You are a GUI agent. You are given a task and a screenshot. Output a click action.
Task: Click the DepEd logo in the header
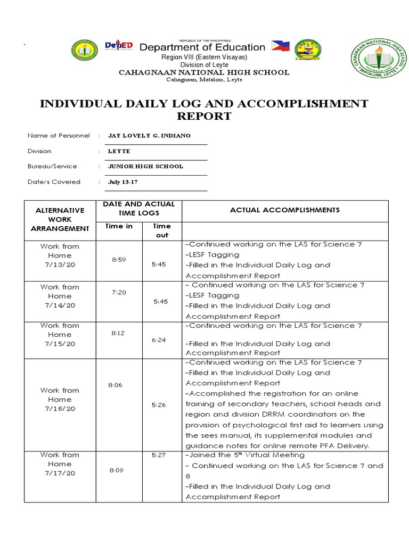point(118,46)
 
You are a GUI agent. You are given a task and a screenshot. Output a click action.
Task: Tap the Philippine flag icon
point(281,46)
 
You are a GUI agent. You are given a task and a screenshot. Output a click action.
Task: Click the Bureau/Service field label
point(52,167)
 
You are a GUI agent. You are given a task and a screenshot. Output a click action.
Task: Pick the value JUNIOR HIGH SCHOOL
point(145,167)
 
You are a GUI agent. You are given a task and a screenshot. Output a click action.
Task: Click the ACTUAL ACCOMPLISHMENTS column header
point(284,210)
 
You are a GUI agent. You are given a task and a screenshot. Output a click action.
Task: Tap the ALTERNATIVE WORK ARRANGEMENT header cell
point(60,219)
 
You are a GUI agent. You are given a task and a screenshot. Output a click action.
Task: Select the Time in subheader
point(119,226)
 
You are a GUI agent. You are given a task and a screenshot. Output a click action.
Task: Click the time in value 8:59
point(117,260)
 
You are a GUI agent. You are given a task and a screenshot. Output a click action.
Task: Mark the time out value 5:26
point(159,405)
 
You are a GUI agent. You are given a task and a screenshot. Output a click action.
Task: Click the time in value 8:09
point(117,470)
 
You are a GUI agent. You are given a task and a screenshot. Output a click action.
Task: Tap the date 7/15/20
point(60,344)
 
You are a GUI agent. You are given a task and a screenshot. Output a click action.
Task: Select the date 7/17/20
point(60,473)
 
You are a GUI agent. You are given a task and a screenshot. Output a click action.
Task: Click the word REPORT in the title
point(204,117)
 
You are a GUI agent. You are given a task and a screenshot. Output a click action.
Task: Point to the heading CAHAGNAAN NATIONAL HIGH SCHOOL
point(204,72)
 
